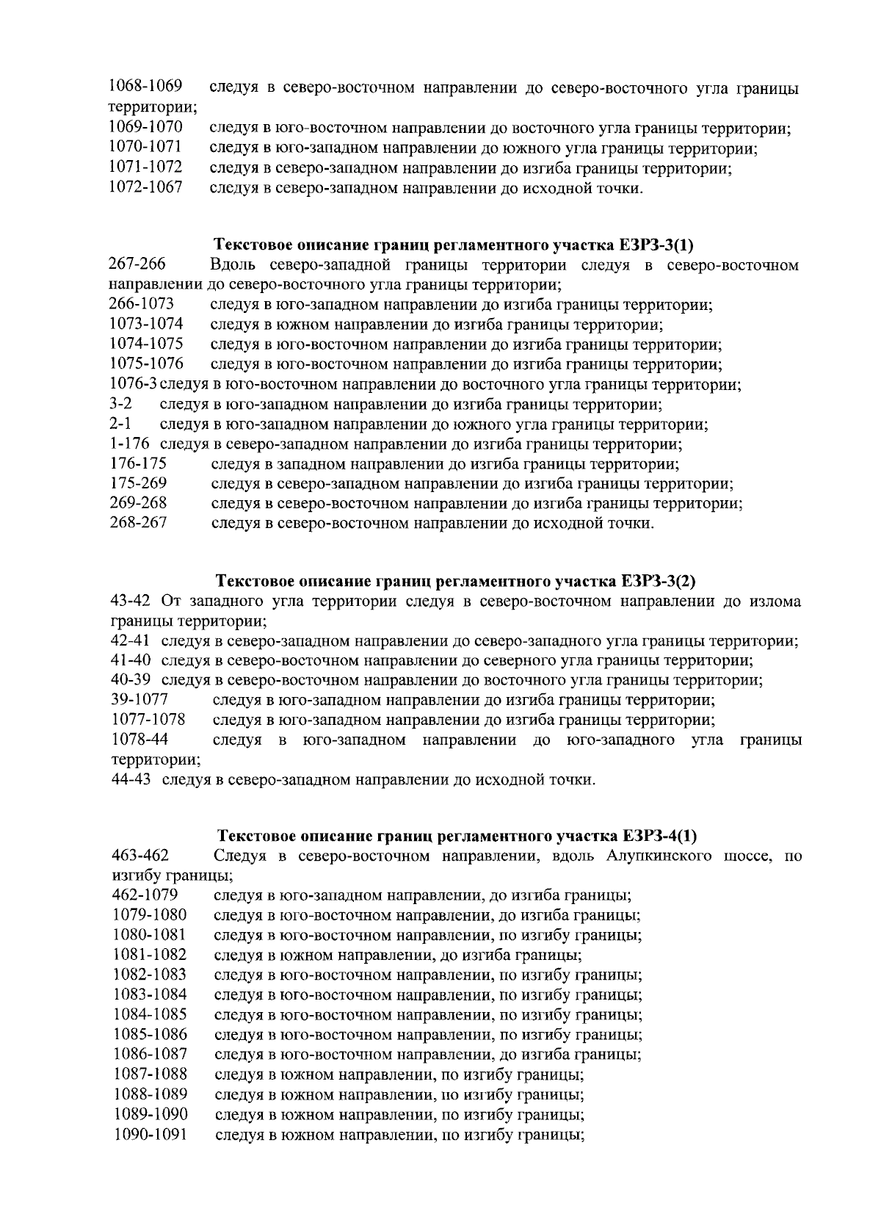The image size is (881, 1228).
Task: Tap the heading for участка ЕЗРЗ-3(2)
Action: point(454,582)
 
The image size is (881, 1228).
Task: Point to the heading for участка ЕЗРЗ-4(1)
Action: point(457,836)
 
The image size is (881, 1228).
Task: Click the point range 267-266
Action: point(137,264)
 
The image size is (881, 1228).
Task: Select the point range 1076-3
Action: point(133,384)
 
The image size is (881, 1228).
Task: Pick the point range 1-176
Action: point(129,444)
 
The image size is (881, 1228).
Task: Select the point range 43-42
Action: point(130,602)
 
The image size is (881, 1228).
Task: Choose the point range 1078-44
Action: point(139,740)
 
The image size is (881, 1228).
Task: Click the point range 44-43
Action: point(131,779)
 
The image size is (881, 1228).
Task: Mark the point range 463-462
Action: point(140,856)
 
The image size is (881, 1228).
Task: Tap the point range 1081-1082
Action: point(149,956)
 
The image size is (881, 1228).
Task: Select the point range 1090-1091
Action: point(149,1135)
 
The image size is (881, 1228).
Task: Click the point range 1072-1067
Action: point(145,188)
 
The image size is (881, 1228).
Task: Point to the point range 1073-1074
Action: point(146,324)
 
